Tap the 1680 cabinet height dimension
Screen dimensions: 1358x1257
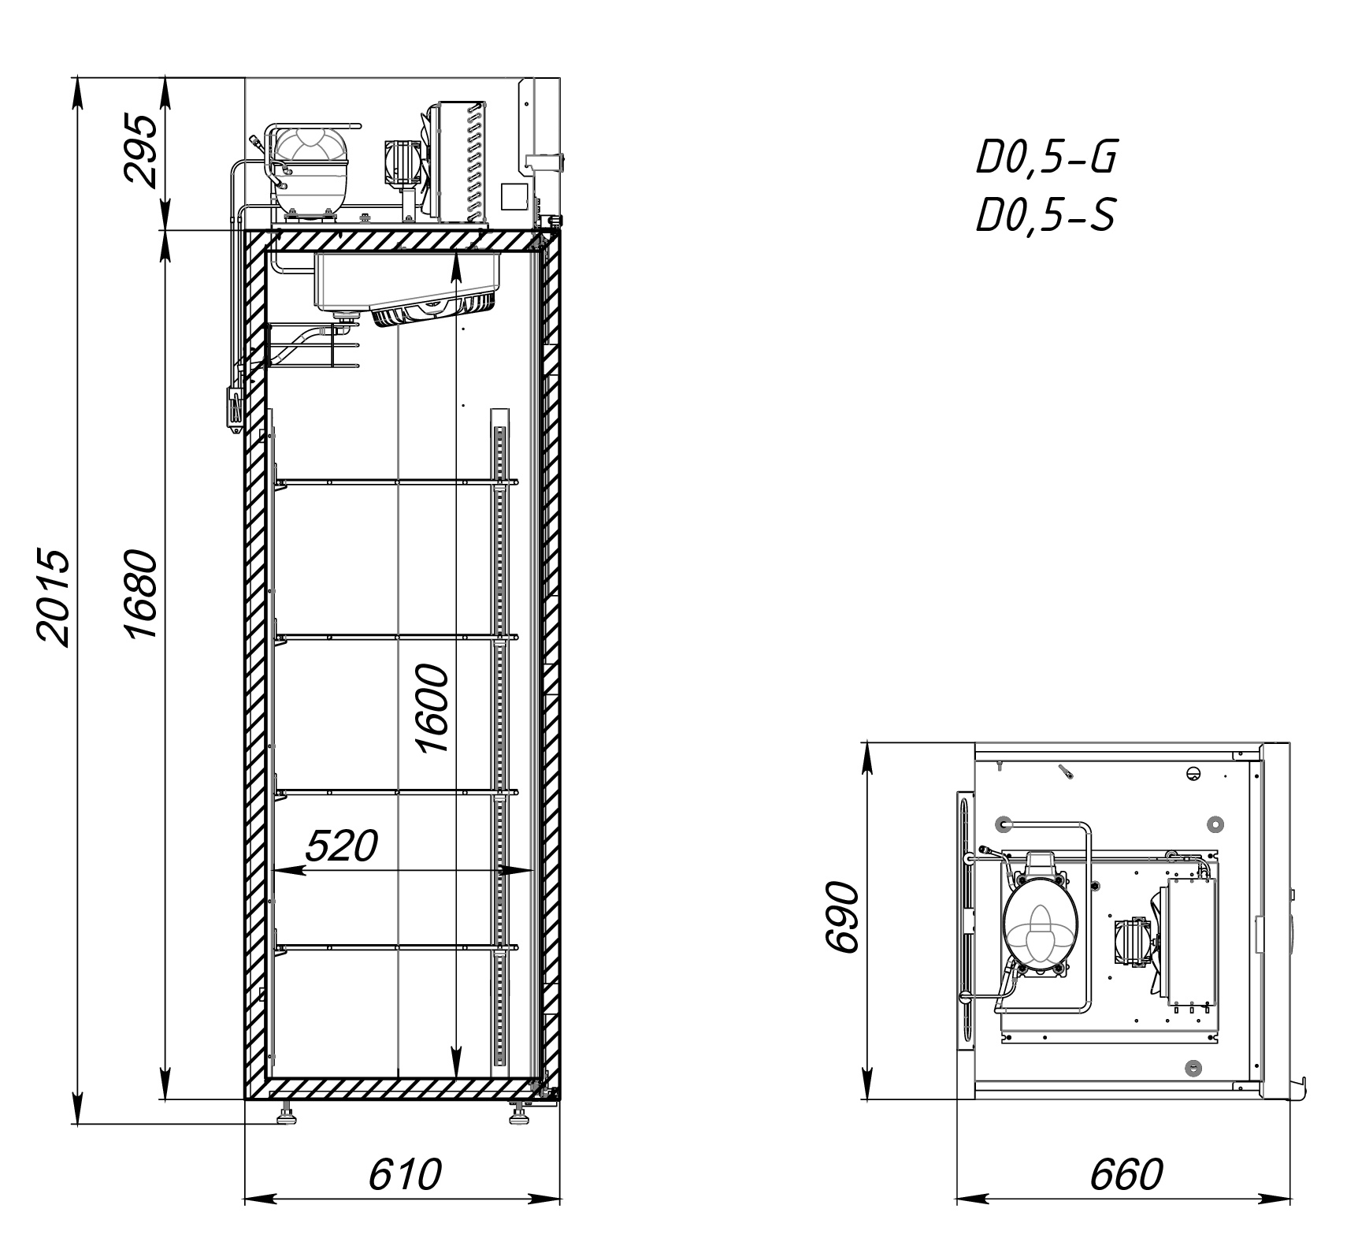(x=143, y=595)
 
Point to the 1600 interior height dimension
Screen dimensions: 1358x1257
(x=432, y=708)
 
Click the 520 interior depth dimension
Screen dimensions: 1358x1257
(x=341, y=846)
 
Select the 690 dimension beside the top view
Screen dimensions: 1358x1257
(x=840, y=917)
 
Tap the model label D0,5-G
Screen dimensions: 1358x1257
(x=1046, y=158)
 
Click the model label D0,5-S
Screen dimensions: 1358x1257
(x=1046, y=214)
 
